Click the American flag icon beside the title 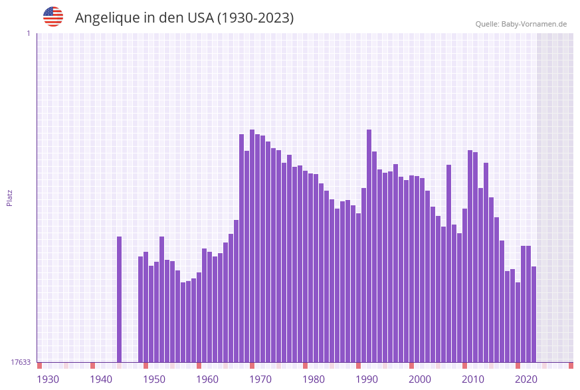point(53,17)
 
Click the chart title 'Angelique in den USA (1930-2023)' point(184,18)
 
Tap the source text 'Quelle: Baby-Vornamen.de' point(521,24)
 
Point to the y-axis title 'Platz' point(9,197)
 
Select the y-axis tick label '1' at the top point(28,33)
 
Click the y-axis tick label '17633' point(21,362)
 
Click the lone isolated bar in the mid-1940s point(120,299)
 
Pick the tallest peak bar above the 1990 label point(369,246)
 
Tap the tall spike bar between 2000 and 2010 point(448,263)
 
